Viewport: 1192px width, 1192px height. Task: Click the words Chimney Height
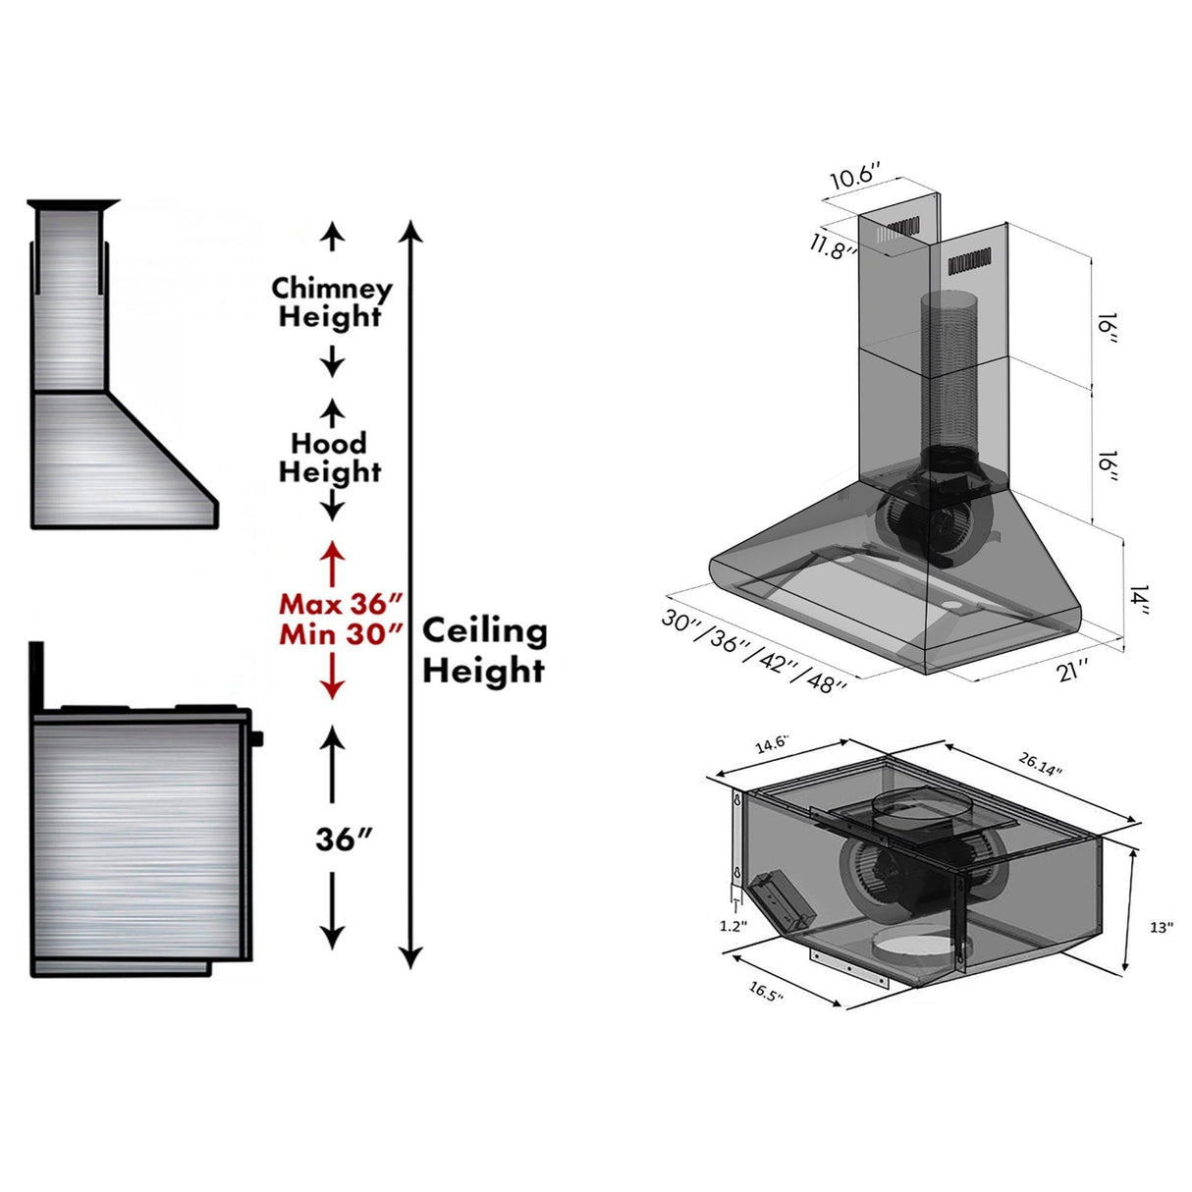click(x=331, y=302)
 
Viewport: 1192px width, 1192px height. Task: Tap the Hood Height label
click(x=330, y=458)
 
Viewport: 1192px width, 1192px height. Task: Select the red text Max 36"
click(x=341, y=604)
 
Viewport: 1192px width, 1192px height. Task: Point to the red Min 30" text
click(x=341, y=634)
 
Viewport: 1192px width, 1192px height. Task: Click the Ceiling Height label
click(x=484, y=650)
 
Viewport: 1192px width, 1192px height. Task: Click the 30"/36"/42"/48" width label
click(x=753, y=651)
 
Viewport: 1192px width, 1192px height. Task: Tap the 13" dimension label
click(x=1162, y=928)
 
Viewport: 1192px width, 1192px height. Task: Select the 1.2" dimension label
click(x=732, y=925)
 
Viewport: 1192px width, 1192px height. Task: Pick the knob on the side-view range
click(x=257, y=737)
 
